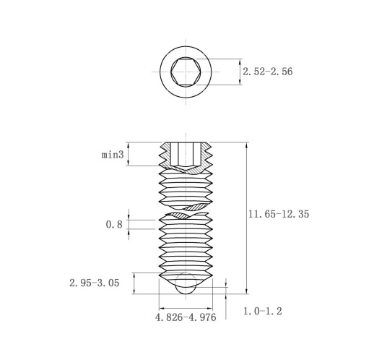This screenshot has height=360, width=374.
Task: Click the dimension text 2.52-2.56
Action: pyautogui.click(x=267, y=72)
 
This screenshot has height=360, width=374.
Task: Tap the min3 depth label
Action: pyautogui.click(x=113, y=155)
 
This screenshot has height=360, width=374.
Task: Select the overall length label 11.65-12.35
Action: pyautogui.click(x=279, y=214)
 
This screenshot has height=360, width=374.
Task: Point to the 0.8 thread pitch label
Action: pyautogui.click(x=114, y=225)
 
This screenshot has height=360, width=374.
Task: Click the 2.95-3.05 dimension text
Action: pyautogui.click(x=95, y=283)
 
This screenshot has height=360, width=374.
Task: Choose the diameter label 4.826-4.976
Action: pyautogui.click(x=186, y=317)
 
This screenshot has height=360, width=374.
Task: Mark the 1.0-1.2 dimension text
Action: pyautogui.click(x=263, y=311)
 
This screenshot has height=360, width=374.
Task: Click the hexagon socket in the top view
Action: pyautogui.click(x=186, y=72)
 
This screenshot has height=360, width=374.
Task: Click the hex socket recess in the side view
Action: pyautogui.click(x=186, y=155)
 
